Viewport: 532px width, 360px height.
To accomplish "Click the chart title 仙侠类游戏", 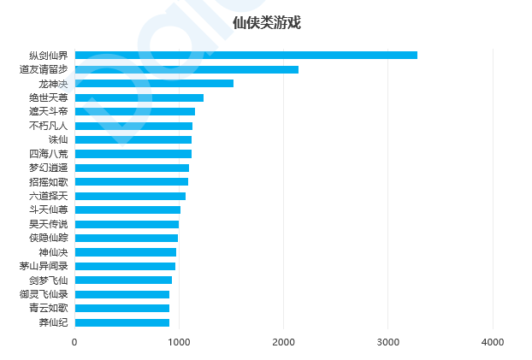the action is (267, 23).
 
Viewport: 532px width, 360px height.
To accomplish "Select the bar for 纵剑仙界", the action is (246, 56).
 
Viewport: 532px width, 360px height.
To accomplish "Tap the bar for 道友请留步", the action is (186, 69).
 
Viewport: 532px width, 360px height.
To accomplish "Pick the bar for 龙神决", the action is (154, 84).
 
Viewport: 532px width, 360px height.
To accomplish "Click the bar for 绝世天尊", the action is (139, 97).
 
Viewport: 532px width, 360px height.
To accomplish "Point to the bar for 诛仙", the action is (133, 139).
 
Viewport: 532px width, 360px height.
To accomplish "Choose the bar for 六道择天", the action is (130, 196).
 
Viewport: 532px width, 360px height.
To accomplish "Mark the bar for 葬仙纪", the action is (122, 322).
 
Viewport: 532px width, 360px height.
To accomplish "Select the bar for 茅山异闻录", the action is (125, 266).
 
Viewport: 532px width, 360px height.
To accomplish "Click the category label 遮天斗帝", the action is (49, 112).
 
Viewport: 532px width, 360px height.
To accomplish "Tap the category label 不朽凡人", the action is (49, 126).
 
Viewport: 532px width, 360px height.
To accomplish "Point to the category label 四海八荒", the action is (49, 154).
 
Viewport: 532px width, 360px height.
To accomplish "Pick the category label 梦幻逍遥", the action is (49, 168).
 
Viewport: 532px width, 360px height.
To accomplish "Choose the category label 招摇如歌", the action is (49, 182).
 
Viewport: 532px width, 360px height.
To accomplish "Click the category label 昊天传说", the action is (49, 224).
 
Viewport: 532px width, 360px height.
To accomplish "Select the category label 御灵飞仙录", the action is (44, 294).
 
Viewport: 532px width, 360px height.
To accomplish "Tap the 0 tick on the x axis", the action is (74, 342).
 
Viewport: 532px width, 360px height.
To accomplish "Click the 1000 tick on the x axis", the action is (179, 342).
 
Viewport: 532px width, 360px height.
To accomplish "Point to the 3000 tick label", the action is (388, 342).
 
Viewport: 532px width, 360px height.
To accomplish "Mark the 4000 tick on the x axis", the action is (493, 342).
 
